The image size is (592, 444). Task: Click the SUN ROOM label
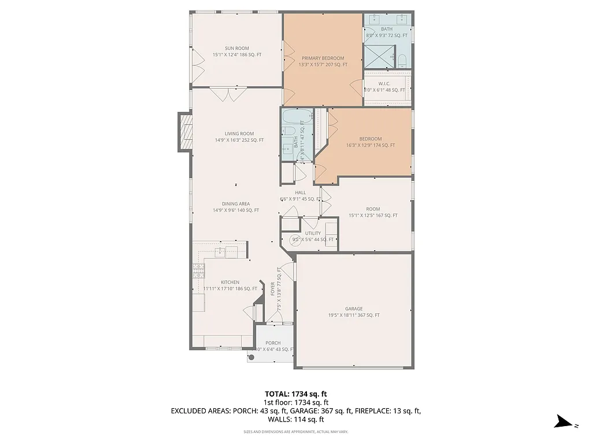[x=237, y=48]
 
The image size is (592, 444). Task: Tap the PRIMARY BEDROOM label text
[x=323, y=58]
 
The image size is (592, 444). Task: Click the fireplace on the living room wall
[x=185, y=132]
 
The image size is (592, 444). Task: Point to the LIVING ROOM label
[x=239, y=134]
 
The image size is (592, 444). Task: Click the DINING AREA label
[x=236, y=203]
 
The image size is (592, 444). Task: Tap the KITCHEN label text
[x=230, y=282]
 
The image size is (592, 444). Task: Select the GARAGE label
[x=354, y=309]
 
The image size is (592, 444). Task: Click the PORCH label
[x=273, y=343]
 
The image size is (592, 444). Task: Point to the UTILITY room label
[x=313, y=233]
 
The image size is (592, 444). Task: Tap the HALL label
[x=301, y=193]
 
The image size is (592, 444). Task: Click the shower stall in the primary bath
[x=378, y=57]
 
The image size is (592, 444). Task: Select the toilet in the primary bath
[x=403, y=58]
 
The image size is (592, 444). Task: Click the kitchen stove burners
[x=198, y=269]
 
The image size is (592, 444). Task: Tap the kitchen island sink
[x=220, y=251]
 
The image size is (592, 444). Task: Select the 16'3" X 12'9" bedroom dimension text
[x=371, y=145]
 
